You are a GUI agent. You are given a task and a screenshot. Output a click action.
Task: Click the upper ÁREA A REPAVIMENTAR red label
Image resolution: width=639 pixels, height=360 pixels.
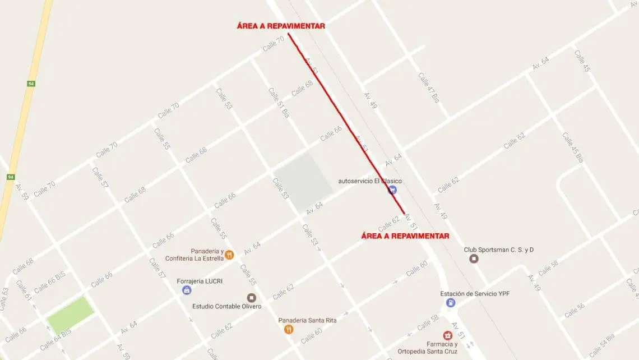tap(280, 26)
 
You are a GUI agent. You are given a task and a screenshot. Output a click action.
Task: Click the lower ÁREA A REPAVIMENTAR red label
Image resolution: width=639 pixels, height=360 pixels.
tap(405, 236)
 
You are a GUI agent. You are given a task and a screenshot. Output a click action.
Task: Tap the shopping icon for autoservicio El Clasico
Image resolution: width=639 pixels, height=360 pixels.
tap(392, 190)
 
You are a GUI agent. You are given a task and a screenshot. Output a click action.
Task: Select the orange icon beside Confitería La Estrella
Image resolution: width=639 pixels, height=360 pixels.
tap(229, 255)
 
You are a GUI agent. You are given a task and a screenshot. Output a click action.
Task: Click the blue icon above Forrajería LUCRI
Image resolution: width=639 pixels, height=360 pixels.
tap(187, 290)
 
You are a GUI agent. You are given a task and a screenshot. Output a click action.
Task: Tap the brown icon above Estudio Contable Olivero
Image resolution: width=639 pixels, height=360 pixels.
tap(251, 297)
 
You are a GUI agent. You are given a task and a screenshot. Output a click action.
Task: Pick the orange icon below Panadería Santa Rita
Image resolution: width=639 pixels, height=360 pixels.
tap(288, 329)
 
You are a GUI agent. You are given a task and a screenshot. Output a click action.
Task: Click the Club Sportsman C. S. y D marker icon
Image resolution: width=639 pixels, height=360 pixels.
tap(474, 259)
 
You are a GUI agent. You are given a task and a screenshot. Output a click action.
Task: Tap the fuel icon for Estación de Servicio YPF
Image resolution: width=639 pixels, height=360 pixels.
tap(450, 303)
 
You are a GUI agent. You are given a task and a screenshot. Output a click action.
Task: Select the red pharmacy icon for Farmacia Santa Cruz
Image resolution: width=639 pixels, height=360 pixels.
tap(447, 335)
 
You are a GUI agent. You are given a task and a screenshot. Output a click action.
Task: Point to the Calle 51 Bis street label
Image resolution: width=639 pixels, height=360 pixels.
tap(279, 102)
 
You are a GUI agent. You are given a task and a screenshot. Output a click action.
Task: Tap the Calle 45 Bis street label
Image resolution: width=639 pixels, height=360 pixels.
tap(573, 147)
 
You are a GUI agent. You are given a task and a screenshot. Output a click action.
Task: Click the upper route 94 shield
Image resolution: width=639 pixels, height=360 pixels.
tap(31, 84)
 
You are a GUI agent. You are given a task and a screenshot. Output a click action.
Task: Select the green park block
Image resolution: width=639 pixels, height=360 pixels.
tap(70, 315)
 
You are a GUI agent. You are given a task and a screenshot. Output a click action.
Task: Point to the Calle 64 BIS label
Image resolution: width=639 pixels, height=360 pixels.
tap(55, 340)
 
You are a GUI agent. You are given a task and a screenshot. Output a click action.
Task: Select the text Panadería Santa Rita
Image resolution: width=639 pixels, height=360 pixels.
tap(307, 320)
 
